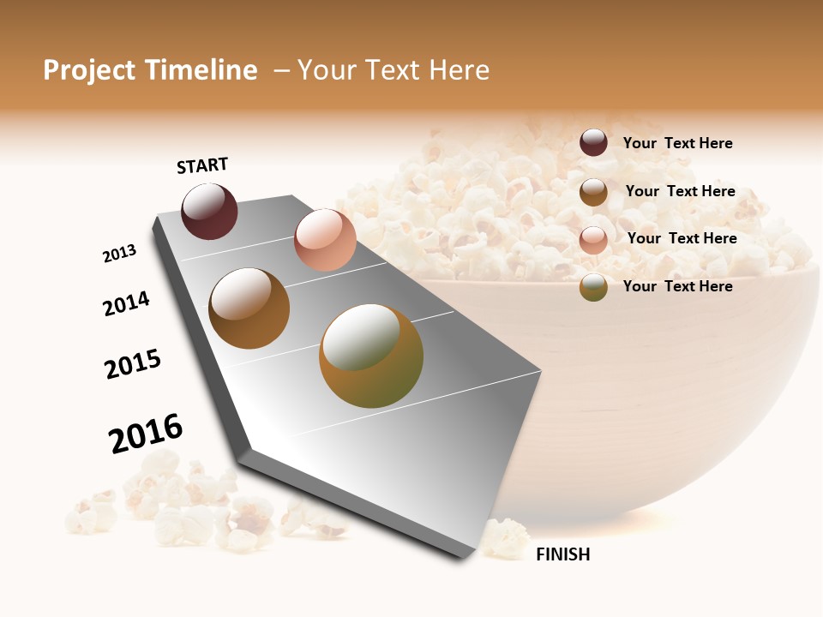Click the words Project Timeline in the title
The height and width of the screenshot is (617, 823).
[150, 70]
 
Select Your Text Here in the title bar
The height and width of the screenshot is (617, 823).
[393, 70]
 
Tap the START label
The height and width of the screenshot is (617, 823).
[202, 165]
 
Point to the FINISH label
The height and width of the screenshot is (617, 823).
[562, 554]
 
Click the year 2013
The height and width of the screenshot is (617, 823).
[119, 254]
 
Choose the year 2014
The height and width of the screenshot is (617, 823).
[126, 303]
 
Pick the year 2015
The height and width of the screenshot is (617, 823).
[133, 364]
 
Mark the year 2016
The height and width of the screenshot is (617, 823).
[146, 434]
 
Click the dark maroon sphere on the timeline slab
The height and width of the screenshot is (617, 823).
[209, 211]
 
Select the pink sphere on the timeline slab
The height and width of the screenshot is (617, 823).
[325, 240]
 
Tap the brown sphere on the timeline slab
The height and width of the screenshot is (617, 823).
[249, 308]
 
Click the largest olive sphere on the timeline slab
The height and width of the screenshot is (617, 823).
[371, 356]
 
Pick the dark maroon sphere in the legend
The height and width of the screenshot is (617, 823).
[593, 143]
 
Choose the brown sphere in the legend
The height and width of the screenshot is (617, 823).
[593, 192]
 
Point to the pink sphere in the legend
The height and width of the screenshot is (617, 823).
[593, 240]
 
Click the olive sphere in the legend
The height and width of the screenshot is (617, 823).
[593, 287]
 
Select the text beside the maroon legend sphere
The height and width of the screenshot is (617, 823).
[677, 143]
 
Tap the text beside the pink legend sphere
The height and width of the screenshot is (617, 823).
[682, 238]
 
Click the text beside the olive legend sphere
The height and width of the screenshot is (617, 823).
[677, 286]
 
